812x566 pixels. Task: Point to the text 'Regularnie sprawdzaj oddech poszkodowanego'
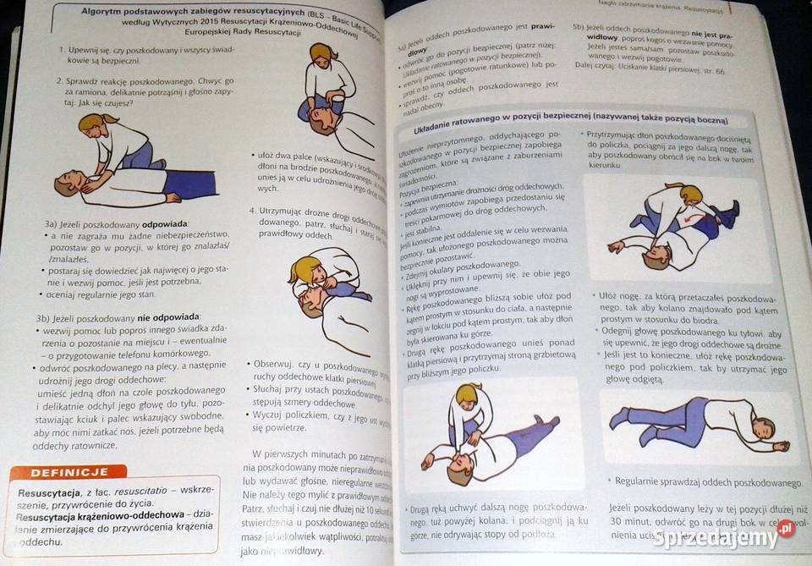click(709, 482)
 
